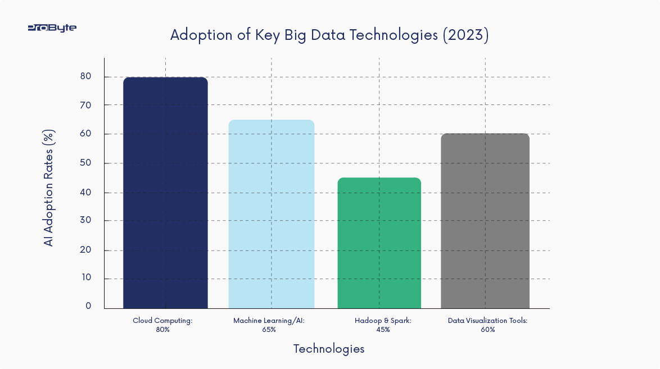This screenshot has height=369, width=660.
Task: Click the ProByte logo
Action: click(52, 28)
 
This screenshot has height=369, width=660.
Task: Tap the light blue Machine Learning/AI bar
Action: click(271, 214)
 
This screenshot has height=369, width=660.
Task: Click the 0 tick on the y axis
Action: click(89, 306)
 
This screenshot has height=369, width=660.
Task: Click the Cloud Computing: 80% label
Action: click(163, 325)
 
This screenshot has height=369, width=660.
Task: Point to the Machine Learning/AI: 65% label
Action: click(269, 325)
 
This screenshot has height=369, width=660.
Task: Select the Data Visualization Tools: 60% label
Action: click(487, 325)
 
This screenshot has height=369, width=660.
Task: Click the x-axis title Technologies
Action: click(329, 349)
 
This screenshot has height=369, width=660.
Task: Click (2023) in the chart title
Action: click(465, 35)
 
